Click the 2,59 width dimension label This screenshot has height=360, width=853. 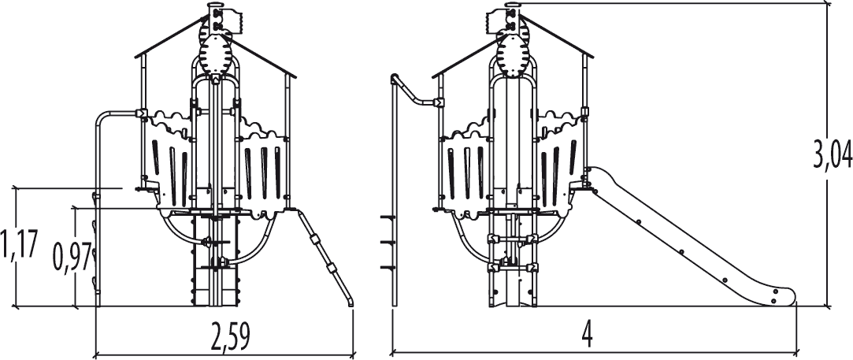pos(230,337)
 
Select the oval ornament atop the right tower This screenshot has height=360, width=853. pos(516,57)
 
